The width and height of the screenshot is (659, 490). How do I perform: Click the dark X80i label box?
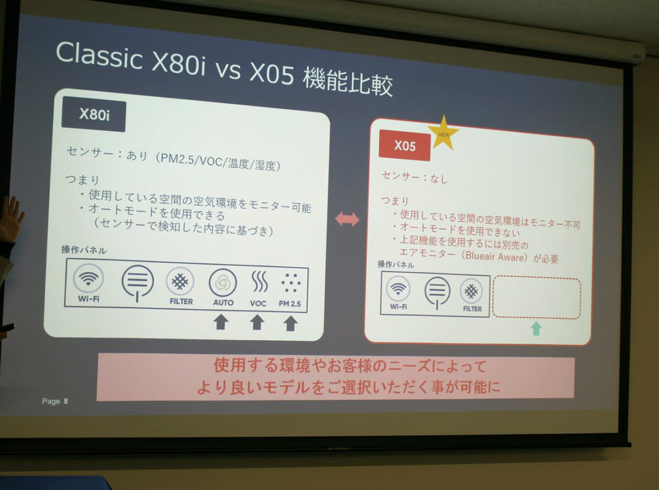(x=94, y=114)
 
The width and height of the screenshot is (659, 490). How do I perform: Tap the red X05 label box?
(x=404, y=146)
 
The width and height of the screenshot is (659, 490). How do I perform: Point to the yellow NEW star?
(x=443, y=133)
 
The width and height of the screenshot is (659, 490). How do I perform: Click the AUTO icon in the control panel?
(x=223, y=283)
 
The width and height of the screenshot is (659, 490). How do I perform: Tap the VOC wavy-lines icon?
(x=259, y=281)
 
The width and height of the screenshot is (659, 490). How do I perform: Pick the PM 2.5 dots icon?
(x=291, y=283)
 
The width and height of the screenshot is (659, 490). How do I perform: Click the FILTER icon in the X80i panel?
(x=180, y=281)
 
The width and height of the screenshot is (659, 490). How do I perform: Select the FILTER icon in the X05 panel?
(x=471, y=291)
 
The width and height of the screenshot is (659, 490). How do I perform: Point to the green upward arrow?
(x=537, y=328)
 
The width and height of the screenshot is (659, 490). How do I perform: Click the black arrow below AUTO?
(x=221, y=322)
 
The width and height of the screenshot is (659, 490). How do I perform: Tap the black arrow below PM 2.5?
(x=291, y=324)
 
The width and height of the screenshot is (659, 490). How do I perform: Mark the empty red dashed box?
(x=537, y=298)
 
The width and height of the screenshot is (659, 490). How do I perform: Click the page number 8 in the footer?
(x=66, y=401)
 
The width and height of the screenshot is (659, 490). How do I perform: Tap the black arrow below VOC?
(x=257, y=322)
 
